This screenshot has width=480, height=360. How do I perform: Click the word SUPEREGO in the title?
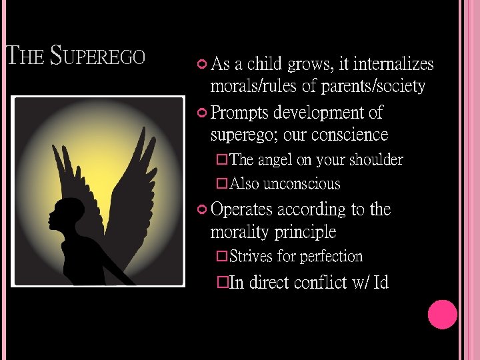(x=97, y=56)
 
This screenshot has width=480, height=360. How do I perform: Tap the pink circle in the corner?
(x=442, y=315)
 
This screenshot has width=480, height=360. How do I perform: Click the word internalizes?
(x=393, y=65)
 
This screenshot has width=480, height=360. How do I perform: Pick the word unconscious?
(x=302, y=184)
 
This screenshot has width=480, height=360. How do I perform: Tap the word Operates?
(x=241, y=210)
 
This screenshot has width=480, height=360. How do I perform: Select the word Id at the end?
(x=381, y=283)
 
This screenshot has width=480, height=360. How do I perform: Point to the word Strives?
(x=251, y=257)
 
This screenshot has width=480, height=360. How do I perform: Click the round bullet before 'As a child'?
(x=203, y=65)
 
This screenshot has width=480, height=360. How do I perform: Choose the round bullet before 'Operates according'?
(x=203, y=210)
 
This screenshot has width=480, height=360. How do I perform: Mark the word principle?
(x=305, y=233)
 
